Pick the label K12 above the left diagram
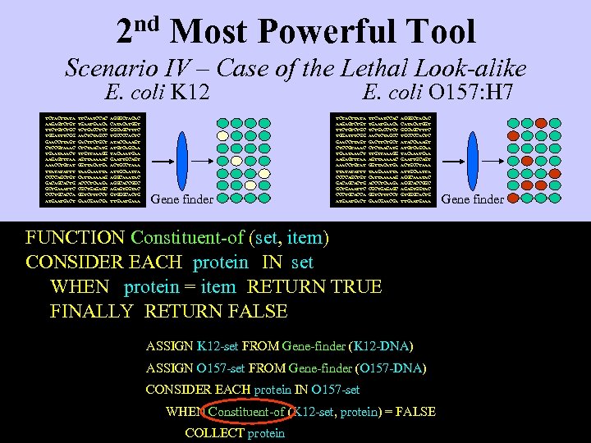tap(190, 92)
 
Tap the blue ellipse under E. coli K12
tap(181, 156)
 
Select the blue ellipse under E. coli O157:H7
tap(473, 156)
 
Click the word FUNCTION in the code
tap(75, 238)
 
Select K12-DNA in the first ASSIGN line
tap(384, 346)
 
